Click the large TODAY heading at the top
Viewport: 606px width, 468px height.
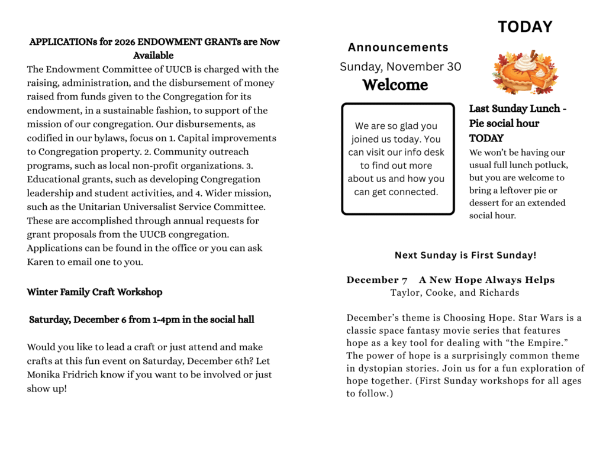[525, 27]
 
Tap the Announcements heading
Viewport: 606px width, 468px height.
[398, 47]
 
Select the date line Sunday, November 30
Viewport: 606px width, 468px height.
[400, 67]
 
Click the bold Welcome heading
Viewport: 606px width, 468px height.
[395, 85]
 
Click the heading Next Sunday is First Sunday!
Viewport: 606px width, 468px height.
[465, 256]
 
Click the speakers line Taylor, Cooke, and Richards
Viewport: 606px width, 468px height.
[454, 292]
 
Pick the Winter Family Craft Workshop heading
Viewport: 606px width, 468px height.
[94, 292]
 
